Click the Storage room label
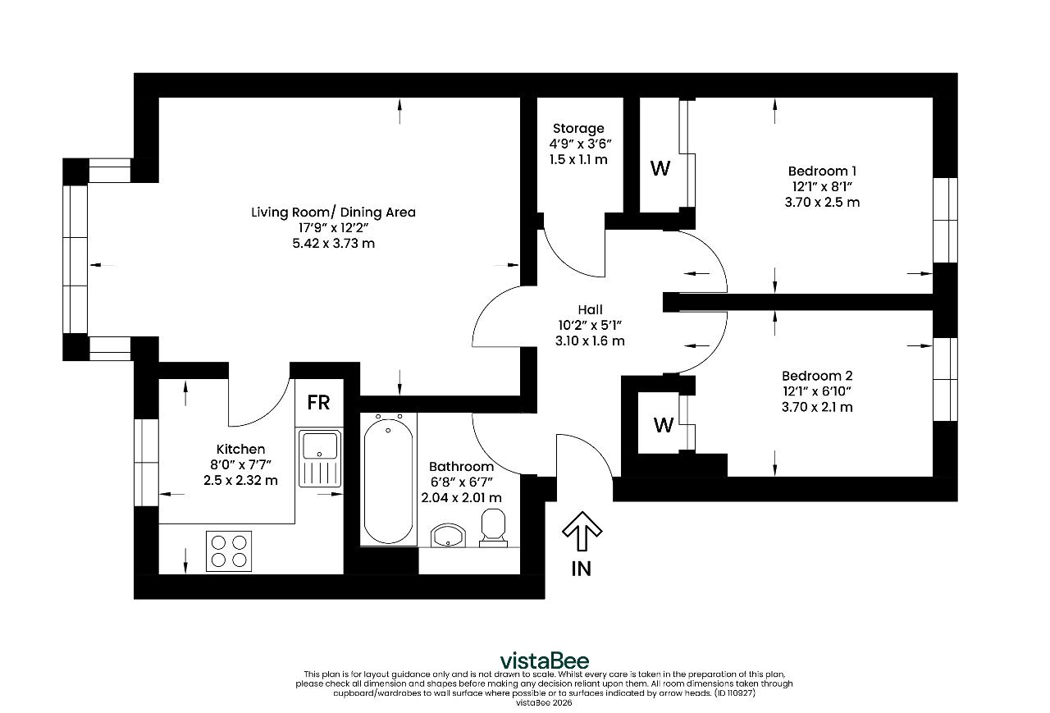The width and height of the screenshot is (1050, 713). click(578, 129)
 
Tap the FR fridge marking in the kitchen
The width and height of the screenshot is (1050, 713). click(319, 403)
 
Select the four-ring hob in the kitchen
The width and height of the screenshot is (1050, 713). click(229, 551)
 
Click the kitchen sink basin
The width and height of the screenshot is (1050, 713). click(320, 446)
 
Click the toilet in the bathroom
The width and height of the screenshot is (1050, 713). click(493, 528)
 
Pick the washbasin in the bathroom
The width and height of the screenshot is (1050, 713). click(448, 536)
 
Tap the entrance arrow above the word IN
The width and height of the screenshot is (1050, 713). click(582, 531)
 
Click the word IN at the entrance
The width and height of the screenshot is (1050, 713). click(582, 569)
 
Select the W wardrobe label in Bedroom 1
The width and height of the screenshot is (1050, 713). click(660, 168)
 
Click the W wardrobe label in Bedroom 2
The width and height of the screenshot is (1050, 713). click(664, 425)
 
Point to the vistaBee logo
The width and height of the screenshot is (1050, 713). click(544, 660)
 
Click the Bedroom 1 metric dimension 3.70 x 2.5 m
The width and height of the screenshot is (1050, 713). click(822, 202)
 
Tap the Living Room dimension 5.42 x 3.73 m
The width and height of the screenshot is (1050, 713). click(333, 244)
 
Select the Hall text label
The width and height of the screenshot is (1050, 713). click(590, 309)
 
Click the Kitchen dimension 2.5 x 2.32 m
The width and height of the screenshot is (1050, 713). click(240, 480)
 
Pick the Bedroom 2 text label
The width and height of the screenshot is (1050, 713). click(817, 376)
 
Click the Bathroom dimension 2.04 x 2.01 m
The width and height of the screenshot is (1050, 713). click(461, 497)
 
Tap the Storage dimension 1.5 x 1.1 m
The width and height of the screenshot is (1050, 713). click(578, 159)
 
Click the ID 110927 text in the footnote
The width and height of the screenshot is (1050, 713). click(735, 692)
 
